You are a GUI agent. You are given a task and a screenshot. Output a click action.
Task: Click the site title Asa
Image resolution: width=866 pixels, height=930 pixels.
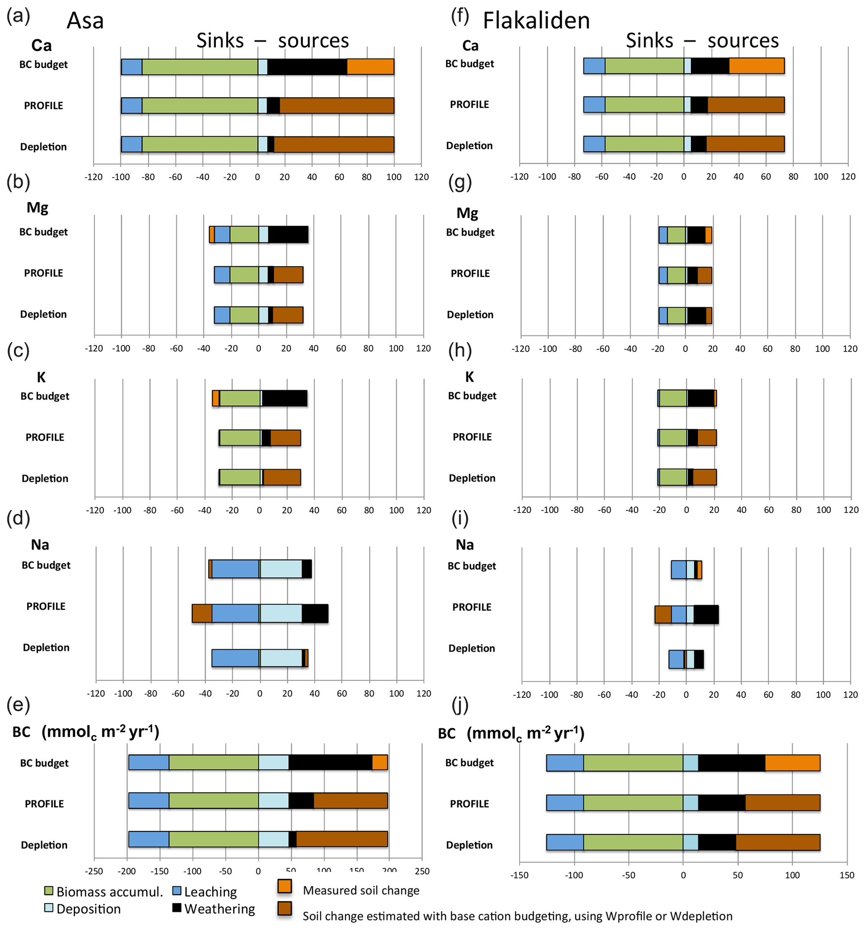click(x=85, y=21)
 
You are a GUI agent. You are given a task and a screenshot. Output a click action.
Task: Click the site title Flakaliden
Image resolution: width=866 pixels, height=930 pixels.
click(x=535, y=21)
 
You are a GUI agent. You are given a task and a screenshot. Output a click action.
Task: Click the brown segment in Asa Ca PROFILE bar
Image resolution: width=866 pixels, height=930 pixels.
click(x=336, y=106)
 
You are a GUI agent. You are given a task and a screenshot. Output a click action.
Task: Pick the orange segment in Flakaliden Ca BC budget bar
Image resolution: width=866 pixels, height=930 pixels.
click(x=756, y=66)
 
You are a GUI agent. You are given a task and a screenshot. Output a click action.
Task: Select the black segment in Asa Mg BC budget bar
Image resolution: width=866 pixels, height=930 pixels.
click(x=288, y=234)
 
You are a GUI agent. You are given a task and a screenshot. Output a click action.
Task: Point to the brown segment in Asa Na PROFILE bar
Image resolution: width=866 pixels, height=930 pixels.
click(x=202, y=613)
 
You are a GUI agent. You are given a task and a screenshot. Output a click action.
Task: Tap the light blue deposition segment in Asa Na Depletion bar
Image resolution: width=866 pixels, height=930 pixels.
click(x=281, y=658)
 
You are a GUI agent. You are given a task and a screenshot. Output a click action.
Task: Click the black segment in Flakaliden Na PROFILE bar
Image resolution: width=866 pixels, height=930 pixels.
click(x=706, y=614)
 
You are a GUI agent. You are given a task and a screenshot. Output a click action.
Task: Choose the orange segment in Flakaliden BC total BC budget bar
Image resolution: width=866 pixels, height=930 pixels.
click(x=792, y=763)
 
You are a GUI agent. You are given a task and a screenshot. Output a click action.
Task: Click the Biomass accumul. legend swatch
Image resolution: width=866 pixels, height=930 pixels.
click(x=48, y=891)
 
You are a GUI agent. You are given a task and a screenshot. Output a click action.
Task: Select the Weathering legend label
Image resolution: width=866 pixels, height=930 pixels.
click(x=220, y=909)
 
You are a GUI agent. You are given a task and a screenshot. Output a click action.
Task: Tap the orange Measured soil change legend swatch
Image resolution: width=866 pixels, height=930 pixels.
click(x=284, y=886)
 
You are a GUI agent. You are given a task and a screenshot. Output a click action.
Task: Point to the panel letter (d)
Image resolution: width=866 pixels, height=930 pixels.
click(x=18, y=518)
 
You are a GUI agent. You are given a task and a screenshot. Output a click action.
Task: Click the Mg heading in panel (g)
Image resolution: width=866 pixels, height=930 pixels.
click(x=467, y=213)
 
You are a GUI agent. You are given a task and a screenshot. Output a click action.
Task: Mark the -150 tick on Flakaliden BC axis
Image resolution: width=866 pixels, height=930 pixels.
click(x=519, y=875)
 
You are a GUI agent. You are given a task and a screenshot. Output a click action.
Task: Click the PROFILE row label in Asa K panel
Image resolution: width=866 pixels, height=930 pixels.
click(x=45, y=437)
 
